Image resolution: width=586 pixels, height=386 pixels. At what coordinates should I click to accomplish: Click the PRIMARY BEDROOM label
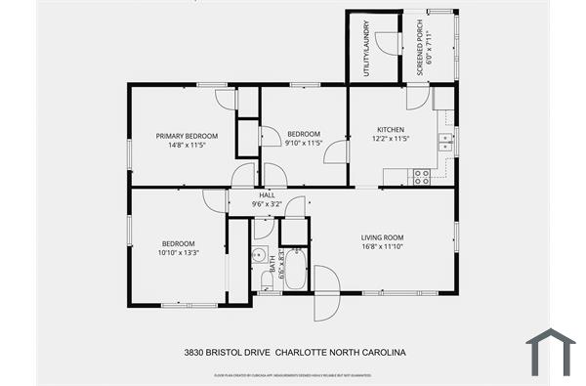pyautogui.click(x=187, y=136)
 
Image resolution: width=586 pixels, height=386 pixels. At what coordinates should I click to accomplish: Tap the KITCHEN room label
pyautogui.click(x=391, y=130)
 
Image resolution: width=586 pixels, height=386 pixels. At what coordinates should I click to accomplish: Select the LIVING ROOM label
pyautogui.click(x=382, y=237)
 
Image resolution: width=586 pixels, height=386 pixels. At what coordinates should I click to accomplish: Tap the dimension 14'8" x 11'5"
pyautogui.click(x=187, y=145)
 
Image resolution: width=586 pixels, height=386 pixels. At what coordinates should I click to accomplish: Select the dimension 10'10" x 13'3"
pyautogui.click(x=179, y=252)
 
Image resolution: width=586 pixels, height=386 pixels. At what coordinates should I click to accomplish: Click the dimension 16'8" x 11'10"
pyautogui.click(x=382, y=246)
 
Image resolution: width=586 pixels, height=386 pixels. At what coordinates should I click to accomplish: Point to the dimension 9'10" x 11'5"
pyautogui.click(x=304, y=144)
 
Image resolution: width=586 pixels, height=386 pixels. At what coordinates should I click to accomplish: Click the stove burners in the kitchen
pyautogui.click(x=422, y=176)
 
